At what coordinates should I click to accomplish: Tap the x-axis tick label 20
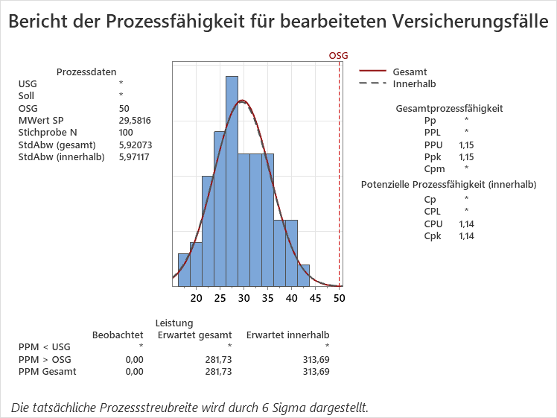coord(196,299)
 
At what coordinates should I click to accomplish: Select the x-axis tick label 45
coord(315,299)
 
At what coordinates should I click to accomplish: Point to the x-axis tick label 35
coord(267,299)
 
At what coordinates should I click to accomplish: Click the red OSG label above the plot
coord(339,56)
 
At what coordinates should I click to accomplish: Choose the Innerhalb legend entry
coord(414,84)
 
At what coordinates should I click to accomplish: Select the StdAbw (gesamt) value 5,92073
coord(135,145)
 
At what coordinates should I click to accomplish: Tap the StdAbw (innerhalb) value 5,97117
coord(135,157)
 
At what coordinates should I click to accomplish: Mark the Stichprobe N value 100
coord(126,133)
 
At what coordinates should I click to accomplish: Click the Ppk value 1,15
coord(466,157)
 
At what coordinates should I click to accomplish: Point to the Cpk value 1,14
coord(466,236)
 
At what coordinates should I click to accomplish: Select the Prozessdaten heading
coord(86,72)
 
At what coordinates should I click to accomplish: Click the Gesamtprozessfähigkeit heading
coord(449,108)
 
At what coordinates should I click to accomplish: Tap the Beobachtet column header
coord(117,335)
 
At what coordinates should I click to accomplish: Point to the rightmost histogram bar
coord(304,275)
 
